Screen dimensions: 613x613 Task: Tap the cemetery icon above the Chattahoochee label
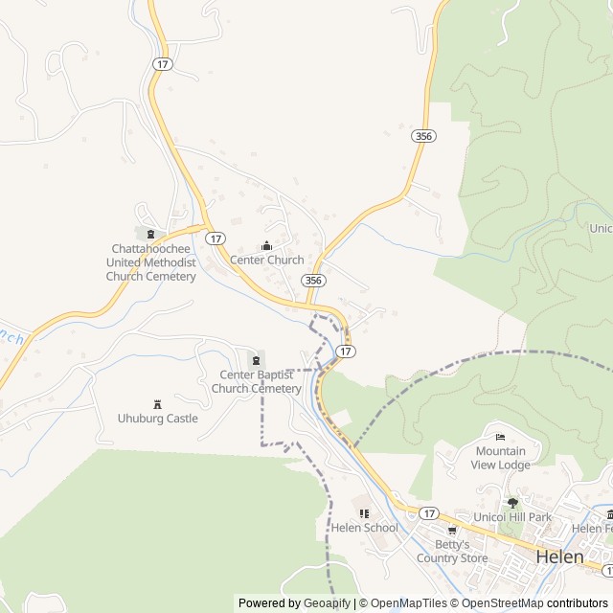150,233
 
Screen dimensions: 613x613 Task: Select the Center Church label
266,260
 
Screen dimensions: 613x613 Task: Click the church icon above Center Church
266,245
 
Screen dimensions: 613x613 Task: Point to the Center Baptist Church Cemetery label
257,381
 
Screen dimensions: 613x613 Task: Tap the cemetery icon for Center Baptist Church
256,359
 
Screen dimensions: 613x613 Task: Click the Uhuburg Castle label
158,419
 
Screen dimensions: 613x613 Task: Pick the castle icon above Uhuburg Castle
158,404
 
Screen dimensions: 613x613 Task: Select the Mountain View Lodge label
500,458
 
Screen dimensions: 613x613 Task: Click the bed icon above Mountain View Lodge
500,437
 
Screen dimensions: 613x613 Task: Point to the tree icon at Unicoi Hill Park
512,502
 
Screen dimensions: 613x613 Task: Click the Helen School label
364,528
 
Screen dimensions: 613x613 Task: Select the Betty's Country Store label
452,552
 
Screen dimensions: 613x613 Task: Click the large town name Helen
559,556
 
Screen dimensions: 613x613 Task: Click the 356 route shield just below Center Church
313,280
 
